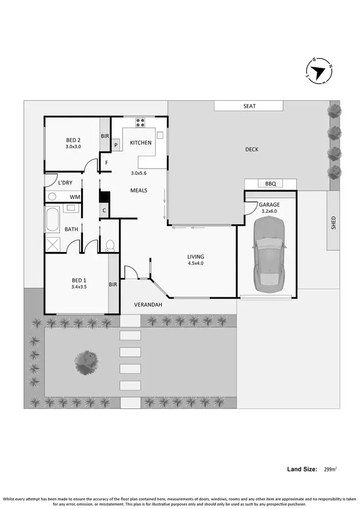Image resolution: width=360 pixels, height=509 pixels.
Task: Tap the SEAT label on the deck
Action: pos(249,106)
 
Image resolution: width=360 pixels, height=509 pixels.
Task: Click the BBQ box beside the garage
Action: pos(270,184)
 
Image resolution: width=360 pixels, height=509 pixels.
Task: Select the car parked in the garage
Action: pos(270,254)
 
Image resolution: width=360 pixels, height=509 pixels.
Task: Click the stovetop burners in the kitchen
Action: pos(140,122)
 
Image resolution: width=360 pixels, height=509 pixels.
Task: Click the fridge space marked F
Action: pos(106,162)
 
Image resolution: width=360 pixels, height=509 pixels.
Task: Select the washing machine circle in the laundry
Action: pos(52,196)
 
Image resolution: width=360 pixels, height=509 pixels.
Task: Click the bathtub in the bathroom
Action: pos(52,219)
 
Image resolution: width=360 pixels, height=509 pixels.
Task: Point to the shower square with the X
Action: pos(52,244)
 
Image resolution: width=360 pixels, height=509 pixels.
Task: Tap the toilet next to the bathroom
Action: pos(109,245)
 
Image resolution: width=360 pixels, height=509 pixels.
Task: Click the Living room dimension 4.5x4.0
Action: pos(195,263)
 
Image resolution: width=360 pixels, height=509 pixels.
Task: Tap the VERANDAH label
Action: pos(148,305)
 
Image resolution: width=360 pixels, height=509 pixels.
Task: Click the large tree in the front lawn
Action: pos(87,359)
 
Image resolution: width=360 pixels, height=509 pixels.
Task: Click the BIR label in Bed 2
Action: pos(105,136)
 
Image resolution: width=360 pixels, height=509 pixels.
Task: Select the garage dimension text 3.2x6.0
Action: pos(270,211)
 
